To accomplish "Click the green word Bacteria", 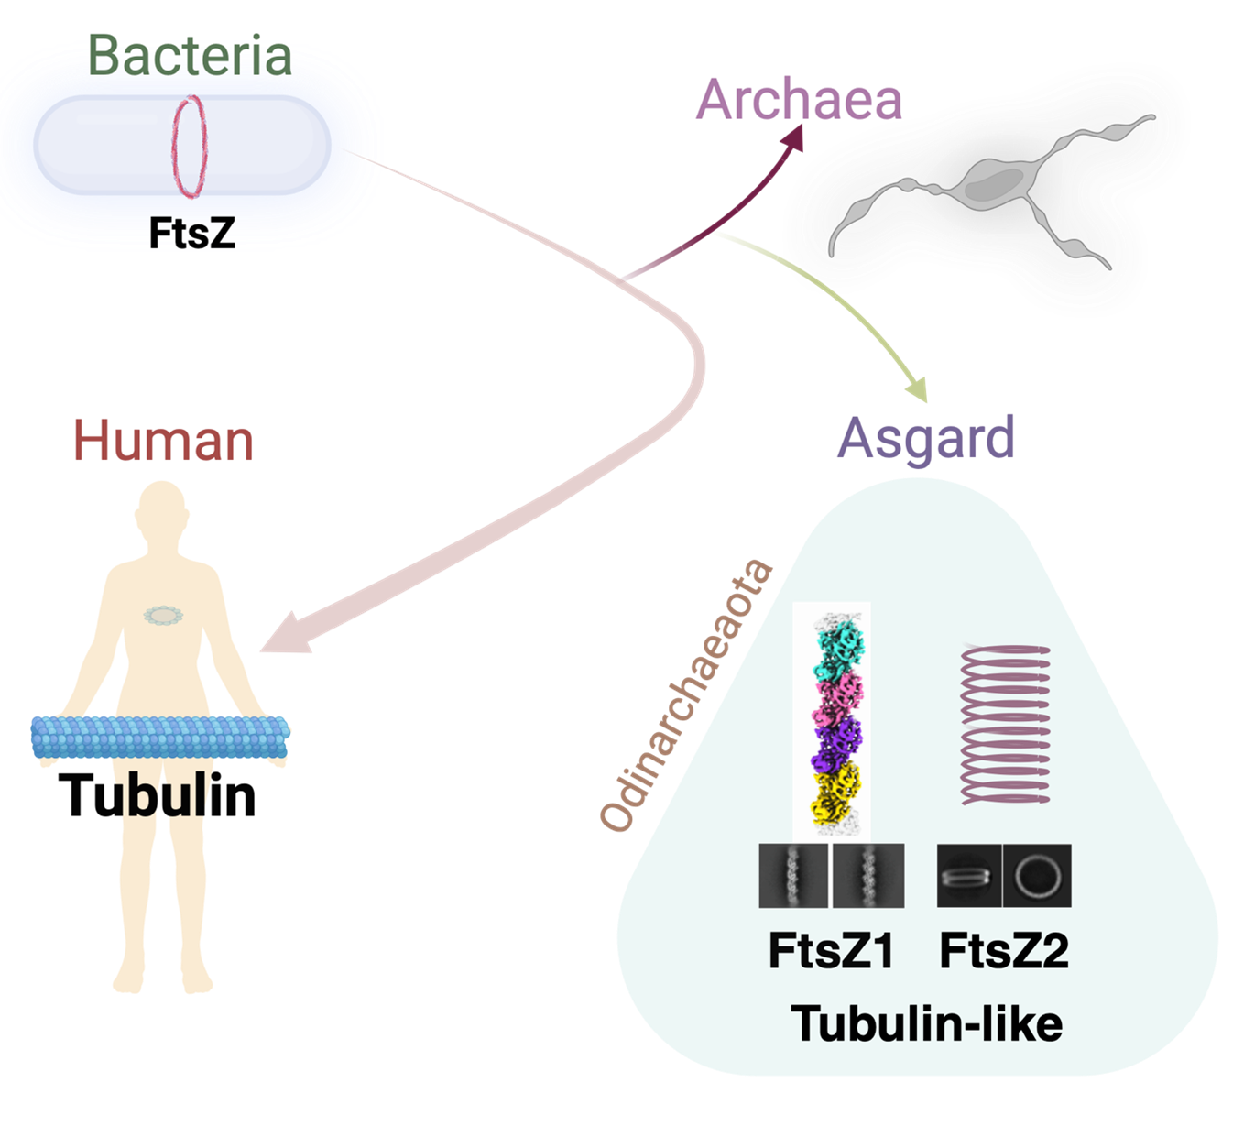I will point(191,55).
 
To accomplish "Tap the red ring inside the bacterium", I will point(189,146).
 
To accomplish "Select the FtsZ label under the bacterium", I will point(192,234).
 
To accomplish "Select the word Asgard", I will point(926,438).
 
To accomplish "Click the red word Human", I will point(163,441).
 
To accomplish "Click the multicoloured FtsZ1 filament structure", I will point(832,719).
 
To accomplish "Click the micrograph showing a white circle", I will point(1037,876).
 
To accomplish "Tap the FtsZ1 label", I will point(831,950).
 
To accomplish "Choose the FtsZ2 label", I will point(1004,950).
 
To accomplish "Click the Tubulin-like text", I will point(926,1023).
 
